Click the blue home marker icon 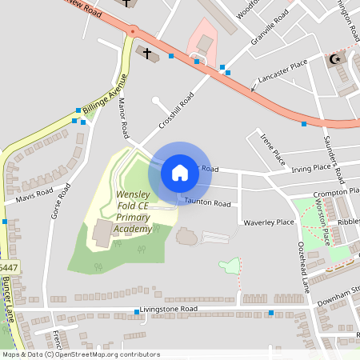pyautogui.click(x=180, y=172)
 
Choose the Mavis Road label pyautogui.click(x=33, y=194)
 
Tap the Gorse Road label pyautogui.click(x=56, y=204)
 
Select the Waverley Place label pyautogui.click(x=264, y=222)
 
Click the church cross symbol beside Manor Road pyautogui.click(x=147, y=52)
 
